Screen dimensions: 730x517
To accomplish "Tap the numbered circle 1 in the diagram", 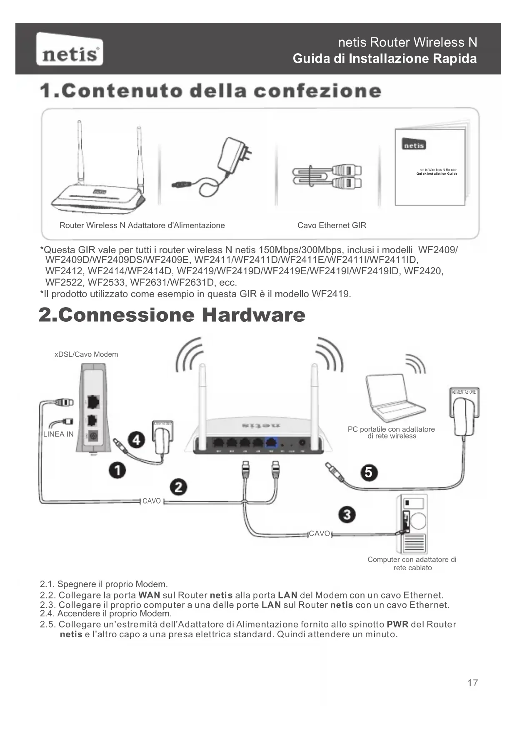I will (x=118, y=470).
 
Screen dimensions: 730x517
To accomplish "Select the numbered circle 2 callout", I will (x=178, y=487).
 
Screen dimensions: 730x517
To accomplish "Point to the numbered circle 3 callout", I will (x=347, y=515).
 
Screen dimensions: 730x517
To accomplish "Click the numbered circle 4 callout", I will (x=136, y=440).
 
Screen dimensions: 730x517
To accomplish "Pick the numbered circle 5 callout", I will (x=369, y=472).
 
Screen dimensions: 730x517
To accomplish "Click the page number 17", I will (x=472, y=683).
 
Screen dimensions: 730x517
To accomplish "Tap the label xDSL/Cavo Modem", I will (x=86, y=355).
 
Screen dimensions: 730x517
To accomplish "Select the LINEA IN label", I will (x=58, y=434).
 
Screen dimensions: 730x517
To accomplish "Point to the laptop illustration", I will (x=390, y=397).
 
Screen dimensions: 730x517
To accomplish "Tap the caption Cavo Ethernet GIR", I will (x=332, y=226).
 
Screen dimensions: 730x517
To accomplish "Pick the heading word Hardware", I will (x=253, y=315).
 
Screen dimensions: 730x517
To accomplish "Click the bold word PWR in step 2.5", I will (x=397, y=624).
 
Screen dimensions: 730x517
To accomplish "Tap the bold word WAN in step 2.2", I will (x=149, y=595).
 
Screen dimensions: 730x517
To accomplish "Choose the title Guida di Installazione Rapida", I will (x=385, y=59).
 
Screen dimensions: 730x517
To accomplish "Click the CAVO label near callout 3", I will (x=320, y=534).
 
